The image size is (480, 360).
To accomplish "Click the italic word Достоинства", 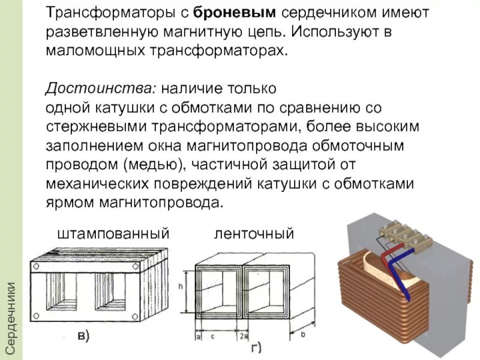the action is tap(101, 89).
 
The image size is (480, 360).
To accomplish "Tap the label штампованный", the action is tap(113, 233).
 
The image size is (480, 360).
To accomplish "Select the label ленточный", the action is tap(254, 233).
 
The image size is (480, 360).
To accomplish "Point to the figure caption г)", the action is tap(254, 347).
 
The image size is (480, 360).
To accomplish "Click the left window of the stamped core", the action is tap(62, 296).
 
